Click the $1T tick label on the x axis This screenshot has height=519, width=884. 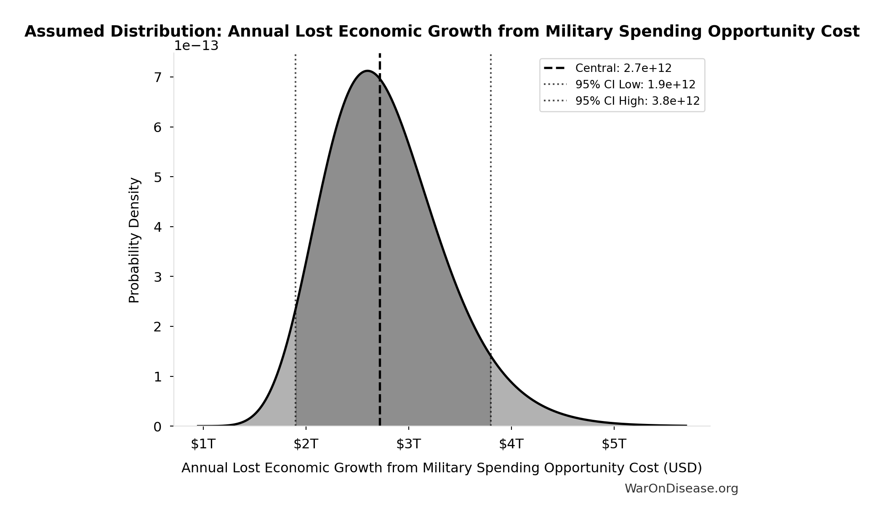pyautogui.click(x=203, y=444)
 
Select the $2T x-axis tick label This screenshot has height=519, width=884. pyautogui.click(x=306, y=444)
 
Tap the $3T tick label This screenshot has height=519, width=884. pyautogui.click(x=408, y=444)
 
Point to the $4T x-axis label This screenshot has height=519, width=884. pyautogui.click(x=511, y=444)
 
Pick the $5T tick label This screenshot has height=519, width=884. pyautogui.click(x=614, y=444)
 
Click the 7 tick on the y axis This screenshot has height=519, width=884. pyautogui.click(x=158, y=77)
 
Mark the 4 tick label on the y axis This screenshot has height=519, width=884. pyautogui.click(x=158, y=227)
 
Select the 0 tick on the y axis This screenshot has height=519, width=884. pyautogui.click(x=158, y=427)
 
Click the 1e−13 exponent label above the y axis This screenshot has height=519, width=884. pyautogui.click(x=197, y=46)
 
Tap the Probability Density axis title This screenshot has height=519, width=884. pyautogui.click(x=134, y=240)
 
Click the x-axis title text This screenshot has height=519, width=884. pyautogui.click(x=442, y=468)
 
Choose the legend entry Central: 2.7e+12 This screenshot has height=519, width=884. pyautogui.click(x=623, y=68)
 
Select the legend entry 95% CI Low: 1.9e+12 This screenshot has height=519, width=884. pyautogui.click(x=635, y=85)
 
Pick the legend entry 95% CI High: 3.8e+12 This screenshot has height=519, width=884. pyautogui.click(x=637, y=101)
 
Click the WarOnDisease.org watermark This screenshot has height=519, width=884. pyautogui.click(x=681, y=489)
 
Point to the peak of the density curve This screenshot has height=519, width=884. pyautogui.click(x=367, y=71)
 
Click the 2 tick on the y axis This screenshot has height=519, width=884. pyautogui.click(x=158, y=327)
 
